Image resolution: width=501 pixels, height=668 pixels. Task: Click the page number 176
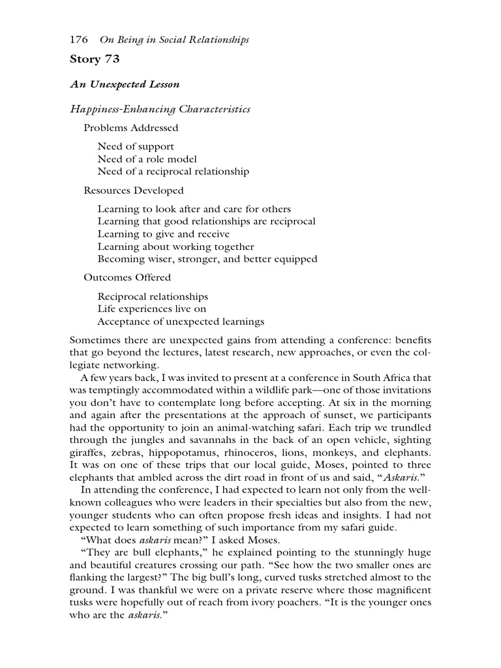[80, 40]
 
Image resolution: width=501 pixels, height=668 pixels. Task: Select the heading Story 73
[95, 59]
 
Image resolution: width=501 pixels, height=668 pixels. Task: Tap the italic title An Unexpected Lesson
[125, 85]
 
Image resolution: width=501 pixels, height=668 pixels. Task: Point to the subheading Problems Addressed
[130, 128]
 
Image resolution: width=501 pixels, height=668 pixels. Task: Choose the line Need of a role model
[147, 159]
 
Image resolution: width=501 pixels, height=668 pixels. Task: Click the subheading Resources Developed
[134, 190]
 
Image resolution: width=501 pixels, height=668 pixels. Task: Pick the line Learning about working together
[175, 247]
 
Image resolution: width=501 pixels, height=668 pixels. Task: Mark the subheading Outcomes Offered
[127, 277]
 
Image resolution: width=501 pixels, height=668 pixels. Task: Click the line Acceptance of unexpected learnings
[181, 321]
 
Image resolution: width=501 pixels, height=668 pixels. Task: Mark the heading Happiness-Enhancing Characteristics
[160, 110]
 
